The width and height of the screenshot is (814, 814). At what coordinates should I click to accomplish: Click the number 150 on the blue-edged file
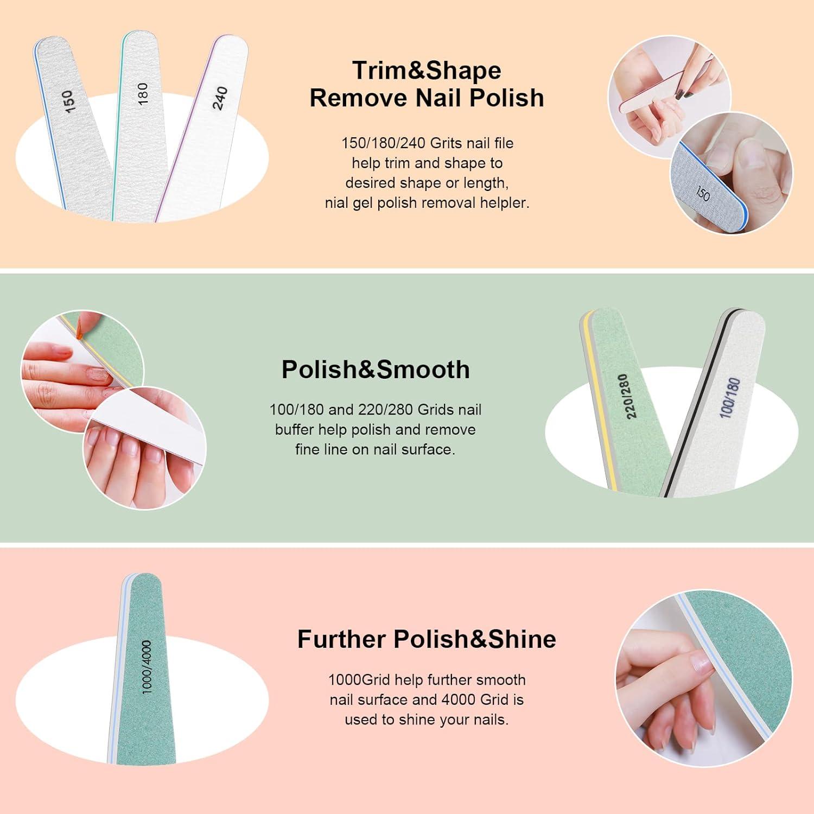[68, 101]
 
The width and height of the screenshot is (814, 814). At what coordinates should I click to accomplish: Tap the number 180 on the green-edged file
[143, 94]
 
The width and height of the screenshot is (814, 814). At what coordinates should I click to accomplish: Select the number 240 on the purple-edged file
[220, 98]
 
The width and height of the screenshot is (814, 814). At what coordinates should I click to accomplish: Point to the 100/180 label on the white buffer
[730, 398]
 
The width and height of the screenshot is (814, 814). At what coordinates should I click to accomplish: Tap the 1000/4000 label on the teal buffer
[147, 667]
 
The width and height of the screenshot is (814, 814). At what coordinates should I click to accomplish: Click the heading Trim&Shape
[427, 71]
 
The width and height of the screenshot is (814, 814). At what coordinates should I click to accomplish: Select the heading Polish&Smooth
[376, 370]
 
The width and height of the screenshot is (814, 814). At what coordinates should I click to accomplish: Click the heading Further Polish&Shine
[427, 639]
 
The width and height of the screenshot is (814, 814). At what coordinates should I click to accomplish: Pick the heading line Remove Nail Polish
[427, 98]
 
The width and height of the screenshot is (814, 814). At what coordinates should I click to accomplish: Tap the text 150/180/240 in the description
[383, 143]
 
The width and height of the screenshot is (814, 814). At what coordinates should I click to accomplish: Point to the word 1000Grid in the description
[359, 680]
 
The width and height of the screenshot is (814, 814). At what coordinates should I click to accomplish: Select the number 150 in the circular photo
[703, 194]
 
